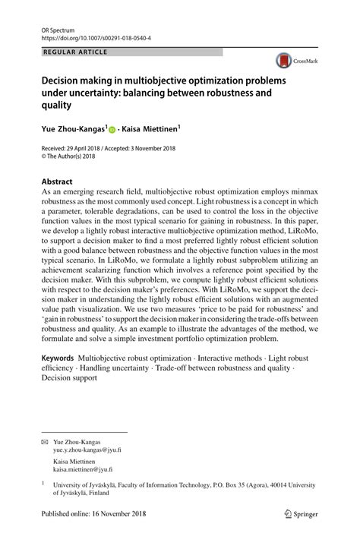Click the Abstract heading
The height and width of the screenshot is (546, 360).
[x=57, y=182]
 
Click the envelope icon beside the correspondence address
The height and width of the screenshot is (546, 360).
[x=45, y=442]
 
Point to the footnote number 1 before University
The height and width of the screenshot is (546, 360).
[x=43, y=482]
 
